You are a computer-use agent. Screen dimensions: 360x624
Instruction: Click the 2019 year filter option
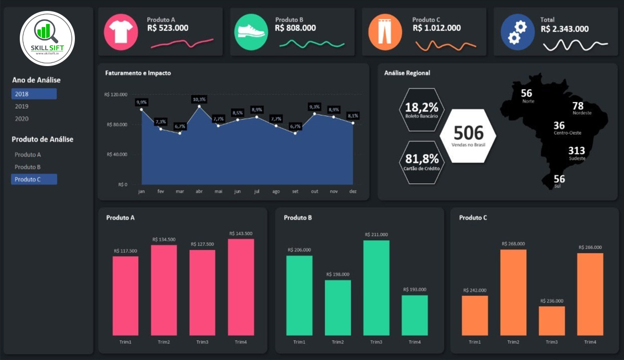[22, 107]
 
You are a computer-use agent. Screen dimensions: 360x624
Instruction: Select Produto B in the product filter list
[28, 167]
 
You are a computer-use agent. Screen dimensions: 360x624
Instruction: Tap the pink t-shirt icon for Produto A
[121, 31]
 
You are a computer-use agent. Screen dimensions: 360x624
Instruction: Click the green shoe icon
[251, 31]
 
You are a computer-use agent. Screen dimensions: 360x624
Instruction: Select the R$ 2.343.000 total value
[565, 29]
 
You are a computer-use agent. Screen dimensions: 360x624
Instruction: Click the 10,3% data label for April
[199, 99]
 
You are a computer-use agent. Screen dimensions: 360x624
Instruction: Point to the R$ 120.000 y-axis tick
[115, 95]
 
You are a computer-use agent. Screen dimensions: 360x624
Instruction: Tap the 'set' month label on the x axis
[295, 191]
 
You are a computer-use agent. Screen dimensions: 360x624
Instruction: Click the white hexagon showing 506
[468, 136]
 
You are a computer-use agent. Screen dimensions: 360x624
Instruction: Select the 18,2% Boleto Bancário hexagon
[422, 110]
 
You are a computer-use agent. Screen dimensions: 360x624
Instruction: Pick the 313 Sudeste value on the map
[577, 151]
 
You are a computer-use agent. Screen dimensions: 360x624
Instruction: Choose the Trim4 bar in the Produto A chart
[241, 287]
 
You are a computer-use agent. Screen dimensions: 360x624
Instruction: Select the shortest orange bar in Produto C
[552, 320]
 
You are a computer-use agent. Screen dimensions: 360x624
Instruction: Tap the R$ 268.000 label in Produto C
[513, 243]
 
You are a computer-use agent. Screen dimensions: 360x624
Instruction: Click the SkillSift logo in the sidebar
[47, 38]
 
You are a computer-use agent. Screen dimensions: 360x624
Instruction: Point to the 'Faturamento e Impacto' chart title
[138, 73]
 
